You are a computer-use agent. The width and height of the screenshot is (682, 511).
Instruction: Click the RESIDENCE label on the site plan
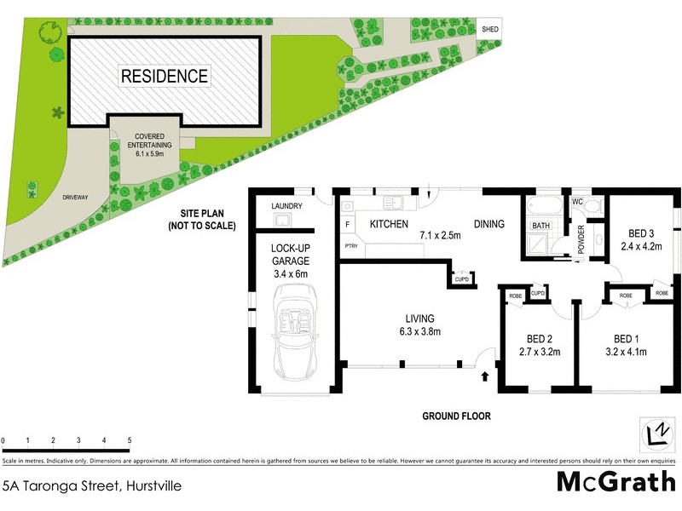pos(165,76)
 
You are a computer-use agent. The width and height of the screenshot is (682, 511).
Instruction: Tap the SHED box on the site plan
pos(489,29)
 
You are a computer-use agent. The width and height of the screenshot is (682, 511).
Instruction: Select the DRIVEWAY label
pos(75,198)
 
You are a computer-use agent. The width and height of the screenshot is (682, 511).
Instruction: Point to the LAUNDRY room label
pos(287,206)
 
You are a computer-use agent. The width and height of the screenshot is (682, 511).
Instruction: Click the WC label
pos(576,203)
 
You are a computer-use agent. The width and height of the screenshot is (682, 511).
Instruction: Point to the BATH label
pos(540,226)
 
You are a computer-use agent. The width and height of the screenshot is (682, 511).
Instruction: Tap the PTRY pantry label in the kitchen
pos(350,246)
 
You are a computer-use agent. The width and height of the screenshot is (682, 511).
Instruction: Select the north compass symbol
pos(656,433)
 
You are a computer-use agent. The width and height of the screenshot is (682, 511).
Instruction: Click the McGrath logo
pos(615,482)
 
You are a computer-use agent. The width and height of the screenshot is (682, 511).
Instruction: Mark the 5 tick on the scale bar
pos(130,440)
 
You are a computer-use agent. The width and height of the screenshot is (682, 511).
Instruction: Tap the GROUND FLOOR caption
pos(457,416)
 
